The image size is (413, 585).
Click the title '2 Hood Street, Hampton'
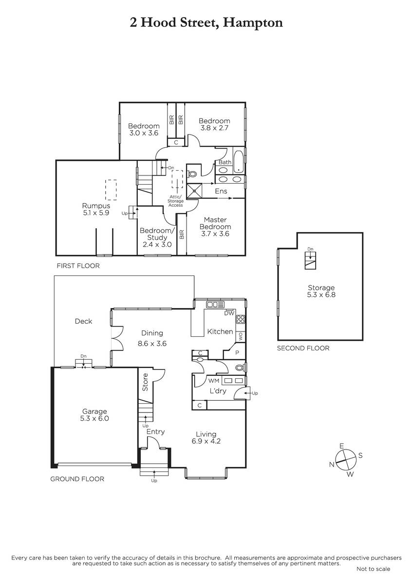pyautogui.click(x=206, y=23)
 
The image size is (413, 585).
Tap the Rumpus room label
pyautogui.click(x=96, y=206)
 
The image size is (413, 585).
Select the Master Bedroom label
pyautogui.click(x=215, y=223)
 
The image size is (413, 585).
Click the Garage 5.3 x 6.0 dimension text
pyautogui.click(x=94, y=418)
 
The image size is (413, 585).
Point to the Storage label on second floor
pyautogui.click(x=321, y=288)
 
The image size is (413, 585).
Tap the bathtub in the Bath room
pyautogui.click(x=239, y=162)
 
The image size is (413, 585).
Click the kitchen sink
pyautogui.click(x=215, y=305)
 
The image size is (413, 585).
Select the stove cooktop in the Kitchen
pyautogui.click(x=241, y=319)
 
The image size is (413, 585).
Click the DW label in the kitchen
pyautogui.click(x=229, y=313)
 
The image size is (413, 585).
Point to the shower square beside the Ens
pyautogui.click(x=194, y=191)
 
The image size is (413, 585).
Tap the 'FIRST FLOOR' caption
pyautogui.click(x=78, y=266)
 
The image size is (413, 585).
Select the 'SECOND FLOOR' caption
pyautogui.click(x=303, y=348)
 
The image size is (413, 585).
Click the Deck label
pyautogui.click(x=83, y=321)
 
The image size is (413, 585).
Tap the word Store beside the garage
pyautogui.click(x=145, y=382)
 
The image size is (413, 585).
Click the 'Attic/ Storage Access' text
pyautogui.click(x=176, y=201)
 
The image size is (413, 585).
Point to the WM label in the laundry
pyautogui.click(x=214, y=381)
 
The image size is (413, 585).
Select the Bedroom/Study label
pyautogui.click(x=157, y=237)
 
